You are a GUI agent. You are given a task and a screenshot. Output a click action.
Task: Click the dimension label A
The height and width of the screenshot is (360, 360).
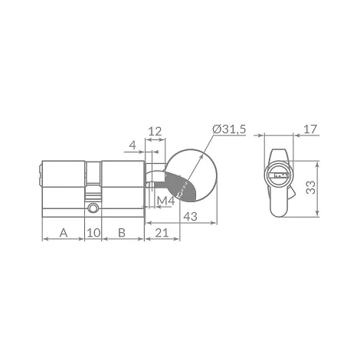pos(64,233)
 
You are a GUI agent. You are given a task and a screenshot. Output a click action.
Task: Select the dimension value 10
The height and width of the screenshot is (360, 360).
pos(93,233)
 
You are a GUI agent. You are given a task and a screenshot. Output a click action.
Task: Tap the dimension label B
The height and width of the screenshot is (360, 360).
pos(122,233)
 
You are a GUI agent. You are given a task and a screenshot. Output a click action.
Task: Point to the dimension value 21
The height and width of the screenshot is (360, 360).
pos(162,233)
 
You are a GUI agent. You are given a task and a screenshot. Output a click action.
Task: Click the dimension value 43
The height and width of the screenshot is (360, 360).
pos(191,217)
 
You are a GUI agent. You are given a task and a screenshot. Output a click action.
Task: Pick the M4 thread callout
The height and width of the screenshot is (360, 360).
pos(165,201)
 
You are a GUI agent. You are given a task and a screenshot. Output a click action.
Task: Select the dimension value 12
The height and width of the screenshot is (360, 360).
pos(155,132)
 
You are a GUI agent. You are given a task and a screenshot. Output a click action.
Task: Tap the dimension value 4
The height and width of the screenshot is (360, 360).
pos(133,145)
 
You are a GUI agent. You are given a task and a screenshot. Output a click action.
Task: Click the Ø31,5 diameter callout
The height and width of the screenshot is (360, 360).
pos(229,129)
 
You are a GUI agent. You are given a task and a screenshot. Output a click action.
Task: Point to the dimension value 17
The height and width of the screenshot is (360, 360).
pos(310,129)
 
